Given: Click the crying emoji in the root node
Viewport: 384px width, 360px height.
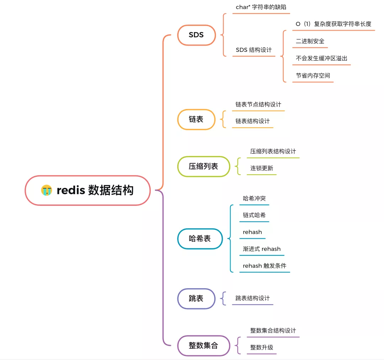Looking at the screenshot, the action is (x=47, y=190).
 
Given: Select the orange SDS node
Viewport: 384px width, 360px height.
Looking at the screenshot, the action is (x=196, y=35).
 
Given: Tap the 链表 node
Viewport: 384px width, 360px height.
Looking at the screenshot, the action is (x=196, y=119).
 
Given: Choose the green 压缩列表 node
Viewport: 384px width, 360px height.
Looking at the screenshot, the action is (x=203, y=166).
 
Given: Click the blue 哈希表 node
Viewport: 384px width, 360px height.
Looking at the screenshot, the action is (x=200, y=239).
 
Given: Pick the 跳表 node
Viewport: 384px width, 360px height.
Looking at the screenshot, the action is (x=196, y=298).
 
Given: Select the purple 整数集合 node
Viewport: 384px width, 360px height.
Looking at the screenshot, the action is (x=203, y=345).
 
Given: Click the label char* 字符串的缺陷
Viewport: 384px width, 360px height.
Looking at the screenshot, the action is (x=261, y=7).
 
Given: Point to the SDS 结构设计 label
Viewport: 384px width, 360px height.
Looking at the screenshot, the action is (x=254, y=50).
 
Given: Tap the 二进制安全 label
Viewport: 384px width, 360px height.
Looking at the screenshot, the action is (x=310, y=41).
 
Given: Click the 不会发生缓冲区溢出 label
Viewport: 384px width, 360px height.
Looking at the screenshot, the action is (x=321, y=58).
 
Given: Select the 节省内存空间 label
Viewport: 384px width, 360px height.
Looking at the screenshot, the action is (x=313, y=75).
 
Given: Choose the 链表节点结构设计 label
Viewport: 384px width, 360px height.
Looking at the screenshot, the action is (x=258, y=104).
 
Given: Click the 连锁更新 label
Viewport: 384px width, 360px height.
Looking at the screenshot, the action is (x=262, y=168).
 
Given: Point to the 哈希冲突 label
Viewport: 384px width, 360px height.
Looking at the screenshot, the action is (x=254, y=198).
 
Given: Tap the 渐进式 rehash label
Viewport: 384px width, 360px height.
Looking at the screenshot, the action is (x=262, y=249).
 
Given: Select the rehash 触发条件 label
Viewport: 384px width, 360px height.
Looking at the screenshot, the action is (x=265, y=266).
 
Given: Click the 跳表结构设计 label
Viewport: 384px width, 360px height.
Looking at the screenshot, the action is (x=252, y=298).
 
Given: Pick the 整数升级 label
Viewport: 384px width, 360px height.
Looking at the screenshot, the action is (x=262, y=347).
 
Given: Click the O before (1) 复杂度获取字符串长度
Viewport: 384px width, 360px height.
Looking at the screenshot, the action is (x=298, y=24).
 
